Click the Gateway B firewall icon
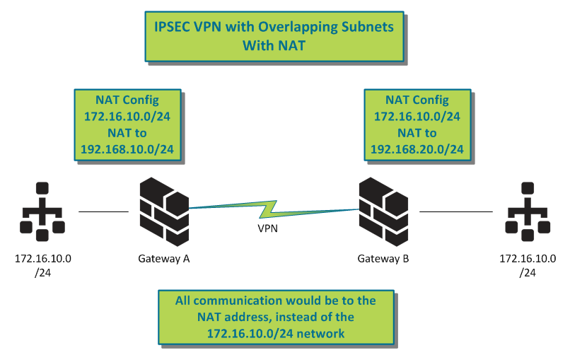[x=383, y=210]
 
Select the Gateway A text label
[x=163, y=259]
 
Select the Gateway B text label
[x=383, y=259]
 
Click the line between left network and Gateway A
[x=103, y=211]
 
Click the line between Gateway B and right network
[x=456, y=211]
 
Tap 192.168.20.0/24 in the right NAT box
[x=417, y=149]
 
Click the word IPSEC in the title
[x=173, y=27]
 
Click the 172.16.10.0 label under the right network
[x=528, y=259]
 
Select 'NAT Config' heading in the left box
[x=127, y=100]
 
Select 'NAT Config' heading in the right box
[x=417, y=100]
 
